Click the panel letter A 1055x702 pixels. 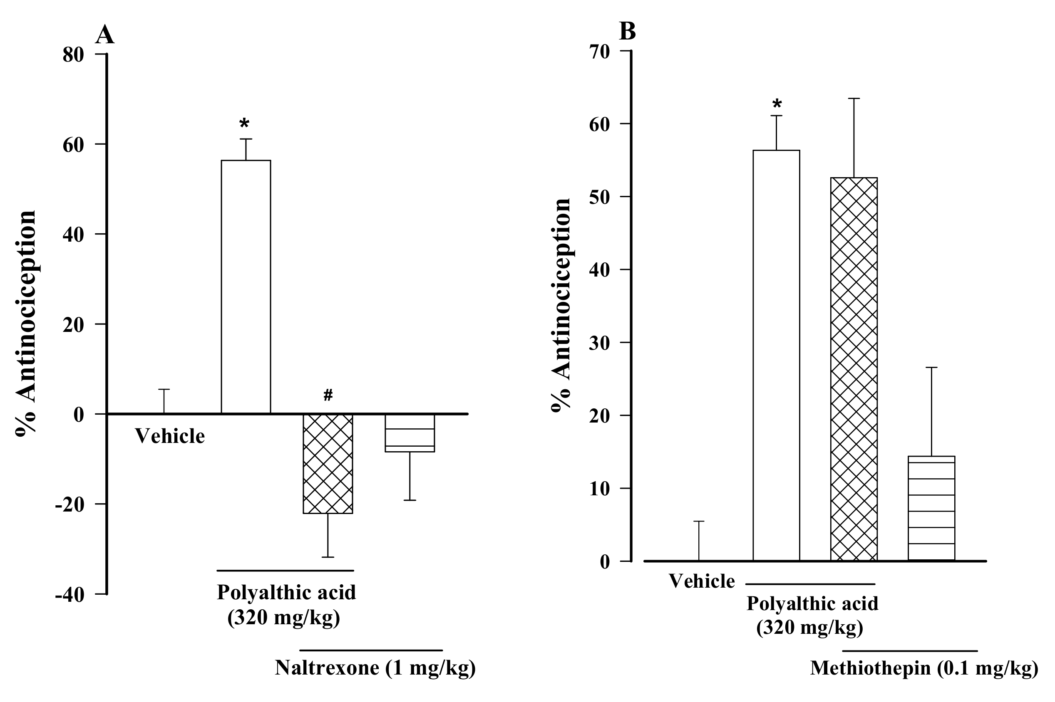pyautogui.click(x=105, y=35)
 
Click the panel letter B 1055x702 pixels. pyautogui.click(x=627, y=31)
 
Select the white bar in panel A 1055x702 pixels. pyautogui.click(x=246, y=287)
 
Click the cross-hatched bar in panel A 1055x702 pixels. pyautogui.click(x=328, y=463)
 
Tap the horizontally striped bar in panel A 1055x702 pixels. pyautogui.click(x=410, y=433)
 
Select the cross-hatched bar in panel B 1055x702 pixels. pyautogui.click(x=854, y=369)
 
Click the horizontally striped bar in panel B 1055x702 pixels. pyautogui.click(x=931, y=508)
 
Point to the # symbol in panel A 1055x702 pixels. pyautogui.click(x=328, y=395)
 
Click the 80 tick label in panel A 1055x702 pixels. pyautogui.click(x=73, y=55)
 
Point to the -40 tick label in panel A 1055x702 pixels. pyautogui.click(x=70, y=596)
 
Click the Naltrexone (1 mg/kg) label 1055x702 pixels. pyautogui.click(x=375, y=668)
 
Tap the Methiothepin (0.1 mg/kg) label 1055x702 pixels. pyautogui.click(x=924, y=668)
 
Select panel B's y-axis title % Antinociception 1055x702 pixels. pyautogui.click(x=561, y=304)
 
